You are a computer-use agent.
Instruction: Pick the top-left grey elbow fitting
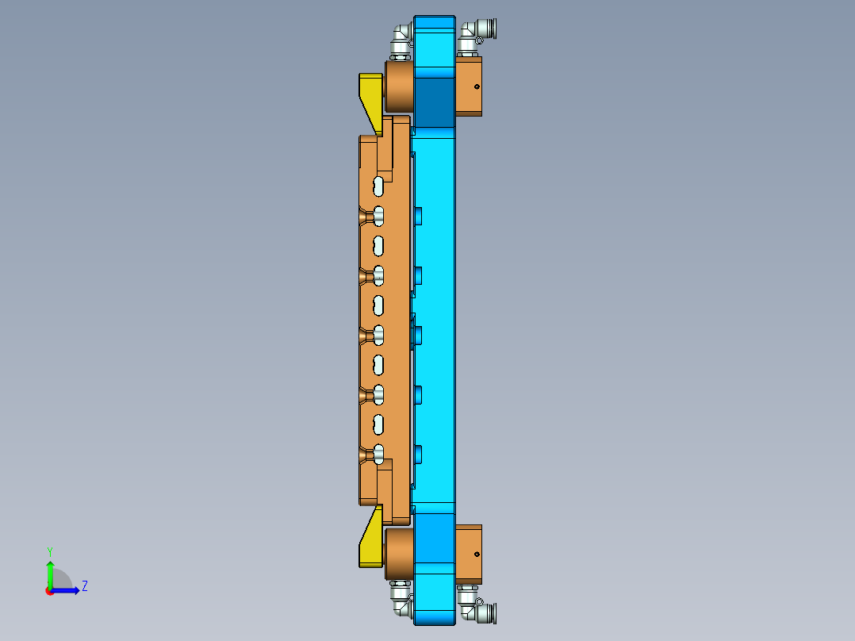[x=401, y=38]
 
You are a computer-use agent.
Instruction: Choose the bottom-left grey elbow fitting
[x=401, y=601]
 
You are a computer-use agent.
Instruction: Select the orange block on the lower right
[x=469, y=554]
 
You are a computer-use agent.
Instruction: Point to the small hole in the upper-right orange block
[x=477, y=86]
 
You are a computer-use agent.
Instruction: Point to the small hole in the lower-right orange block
[x=477, y=554]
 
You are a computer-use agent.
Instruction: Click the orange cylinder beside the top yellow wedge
[x=398, y=87]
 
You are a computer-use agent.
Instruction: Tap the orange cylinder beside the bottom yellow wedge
[x=398, y=554]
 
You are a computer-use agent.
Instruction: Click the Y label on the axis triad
[x=49, y=551]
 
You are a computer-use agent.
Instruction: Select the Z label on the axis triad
[x=84, y=586]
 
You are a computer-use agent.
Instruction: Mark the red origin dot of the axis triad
[x=49, y=591]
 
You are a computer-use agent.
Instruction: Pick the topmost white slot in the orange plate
[x=379, y=186]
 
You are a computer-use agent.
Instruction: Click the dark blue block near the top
[x=433, y=102]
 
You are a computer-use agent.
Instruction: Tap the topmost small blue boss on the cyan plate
[x=418, y=216]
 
